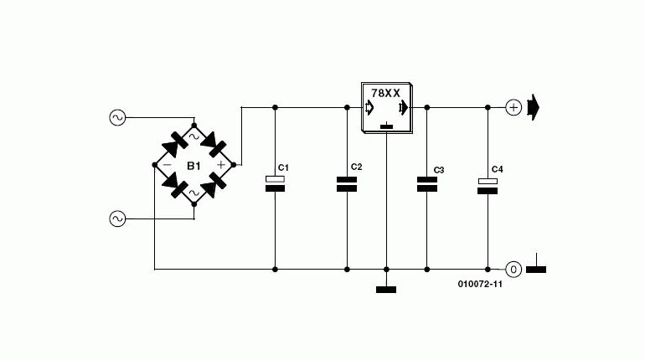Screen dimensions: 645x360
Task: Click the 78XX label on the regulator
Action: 385,93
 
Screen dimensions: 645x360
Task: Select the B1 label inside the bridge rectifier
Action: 193,166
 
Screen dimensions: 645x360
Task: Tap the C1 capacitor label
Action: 283,167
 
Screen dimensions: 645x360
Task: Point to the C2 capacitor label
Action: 356,167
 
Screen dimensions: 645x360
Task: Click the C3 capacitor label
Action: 439,170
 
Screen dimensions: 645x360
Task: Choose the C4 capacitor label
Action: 498,169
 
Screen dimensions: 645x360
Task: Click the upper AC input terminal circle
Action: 117,118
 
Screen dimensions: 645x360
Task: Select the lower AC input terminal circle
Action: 117,219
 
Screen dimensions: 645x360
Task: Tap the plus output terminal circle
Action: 513,108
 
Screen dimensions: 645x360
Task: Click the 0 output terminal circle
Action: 513,270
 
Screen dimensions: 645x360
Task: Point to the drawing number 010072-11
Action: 480,284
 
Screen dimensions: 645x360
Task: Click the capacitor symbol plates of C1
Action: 276,183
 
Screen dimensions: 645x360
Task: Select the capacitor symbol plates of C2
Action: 347,184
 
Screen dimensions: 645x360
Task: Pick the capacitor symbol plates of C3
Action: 427,184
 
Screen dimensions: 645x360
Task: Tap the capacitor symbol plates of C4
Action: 488,186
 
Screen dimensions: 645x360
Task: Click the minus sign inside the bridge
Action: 168,165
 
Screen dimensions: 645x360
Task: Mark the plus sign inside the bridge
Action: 221,165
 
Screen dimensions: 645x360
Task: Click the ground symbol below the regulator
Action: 386,290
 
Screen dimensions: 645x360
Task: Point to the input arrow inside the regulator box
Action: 369,108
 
